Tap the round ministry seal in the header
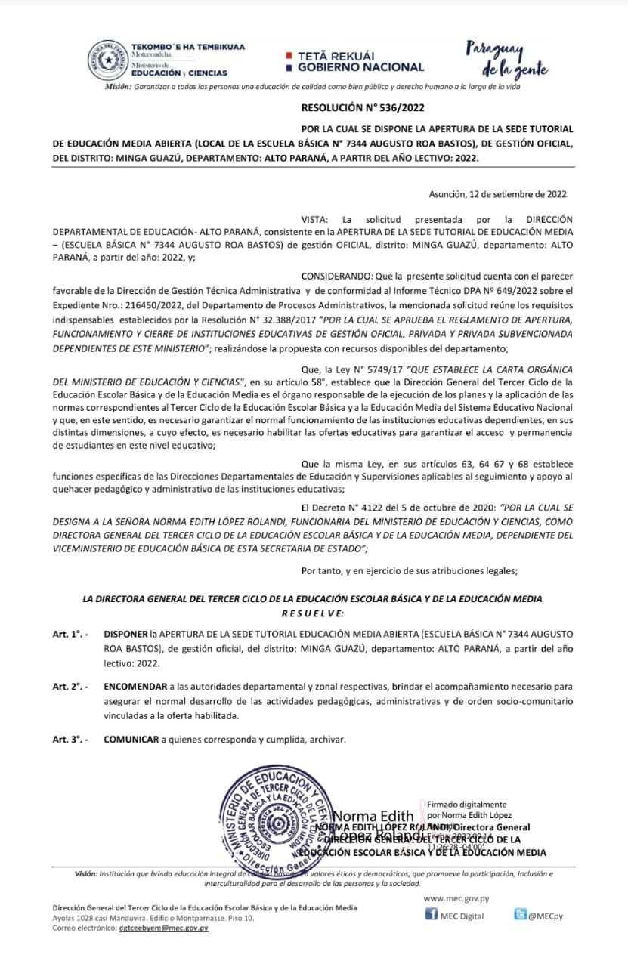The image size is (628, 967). (108, 60)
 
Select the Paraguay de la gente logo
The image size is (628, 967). (506, 59)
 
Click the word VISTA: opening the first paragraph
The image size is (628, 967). (314, 218)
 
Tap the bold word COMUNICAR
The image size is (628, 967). (131, 740)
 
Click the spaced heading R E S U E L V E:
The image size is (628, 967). (312, 612)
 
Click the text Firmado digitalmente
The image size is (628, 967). (467, 805)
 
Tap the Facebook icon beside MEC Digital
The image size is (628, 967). (432, 915)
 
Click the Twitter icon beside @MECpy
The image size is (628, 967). (520, 915)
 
